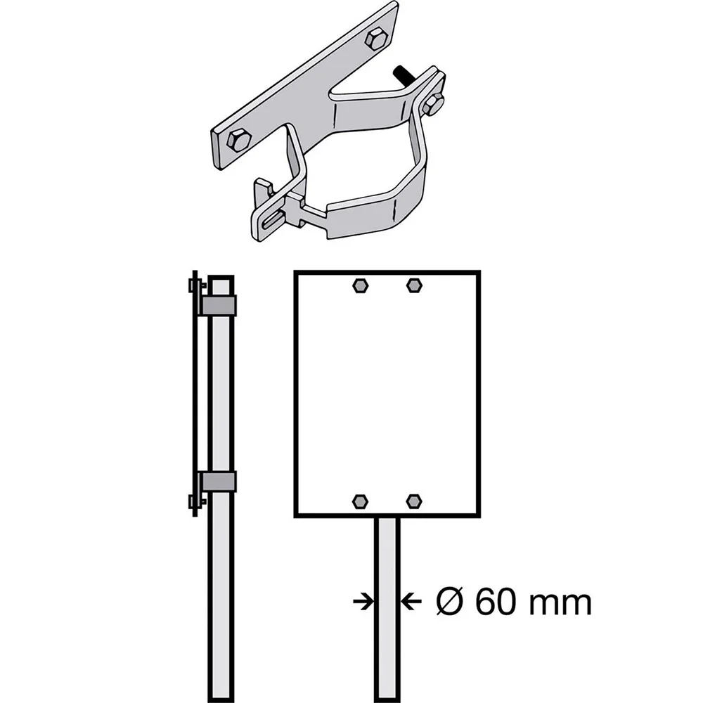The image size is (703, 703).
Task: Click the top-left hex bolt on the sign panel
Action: point(361,285)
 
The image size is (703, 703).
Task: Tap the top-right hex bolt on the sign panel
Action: point(414,285)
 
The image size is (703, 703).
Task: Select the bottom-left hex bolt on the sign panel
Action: point(361,502)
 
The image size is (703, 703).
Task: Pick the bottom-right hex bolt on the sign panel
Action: point(414,501)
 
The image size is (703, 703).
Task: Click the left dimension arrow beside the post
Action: point(363,601)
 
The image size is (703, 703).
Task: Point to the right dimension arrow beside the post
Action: point(411,601)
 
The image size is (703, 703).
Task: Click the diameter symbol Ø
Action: point(449,602)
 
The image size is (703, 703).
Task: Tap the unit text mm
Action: point(560,605)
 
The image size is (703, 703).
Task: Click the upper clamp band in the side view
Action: point(219,305)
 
